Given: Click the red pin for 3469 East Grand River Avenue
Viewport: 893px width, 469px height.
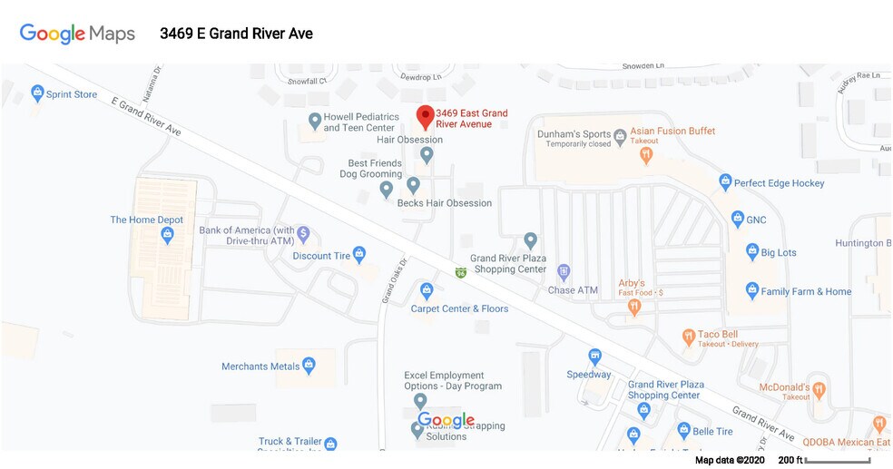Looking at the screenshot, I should [424, 116].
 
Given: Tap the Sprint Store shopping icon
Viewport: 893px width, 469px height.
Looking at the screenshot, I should [37, 93].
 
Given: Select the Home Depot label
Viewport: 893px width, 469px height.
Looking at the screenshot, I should [146, 220].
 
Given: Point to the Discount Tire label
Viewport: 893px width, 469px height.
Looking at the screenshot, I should [321, 256].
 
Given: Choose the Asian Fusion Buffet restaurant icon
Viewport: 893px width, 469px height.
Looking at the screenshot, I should [646, 155].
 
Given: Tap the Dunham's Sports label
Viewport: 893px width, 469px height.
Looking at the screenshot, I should [571, 133].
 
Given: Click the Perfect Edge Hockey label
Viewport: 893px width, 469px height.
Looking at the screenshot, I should [779, 183].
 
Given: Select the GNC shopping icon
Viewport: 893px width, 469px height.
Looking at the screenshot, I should [738, 219].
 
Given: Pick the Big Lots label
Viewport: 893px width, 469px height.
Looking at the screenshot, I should [778, 252].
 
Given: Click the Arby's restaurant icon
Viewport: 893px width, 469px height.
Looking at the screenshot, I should [634, 307].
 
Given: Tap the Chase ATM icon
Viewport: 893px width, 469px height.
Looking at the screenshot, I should [563, 271].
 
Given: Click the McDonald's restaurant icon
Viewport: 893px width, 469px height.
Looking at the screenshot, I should [819, 391].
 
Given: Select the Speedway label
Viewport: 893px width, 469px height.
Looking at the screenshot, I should [588, 375].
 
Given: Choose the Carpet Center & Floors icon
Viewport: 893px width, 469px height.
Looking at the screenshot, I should [427, 291].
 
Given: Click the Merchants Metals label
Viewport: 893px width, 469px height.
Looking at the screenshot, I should [260, 366].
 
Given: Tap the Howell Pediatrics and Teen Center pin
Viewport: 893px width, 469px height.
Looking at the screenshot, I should [314, 120].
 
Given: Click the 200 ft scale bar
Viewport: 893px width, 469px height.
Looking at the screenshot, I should [837, 461].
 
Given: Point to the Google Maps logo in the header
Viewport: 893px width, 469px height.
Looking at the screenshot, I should [77, 34].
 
